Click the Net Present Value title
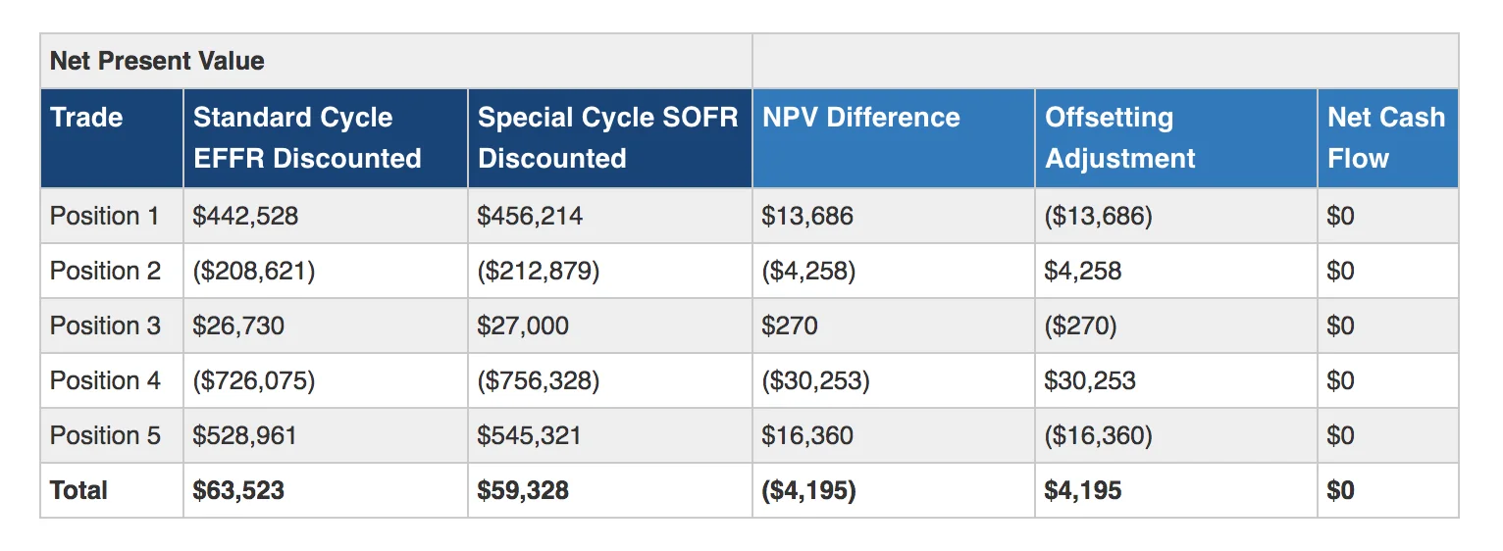coord(157,61)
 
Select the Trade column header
coord(86,118)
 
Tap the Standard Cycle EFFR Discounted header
coord(307,137)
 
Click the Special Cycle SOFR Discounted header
coord(607,137)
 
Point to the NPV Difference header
coord(860,118)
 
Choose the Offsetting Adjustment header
coord(1119,137)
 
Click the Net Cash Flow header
coord(1385,137)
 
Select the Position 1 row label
coord(104,216)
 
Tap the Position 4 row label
coord(105,380)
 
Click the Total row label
coord(78,490)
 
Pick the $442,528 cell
coord(245,216)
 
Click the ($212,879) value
coord(538,271)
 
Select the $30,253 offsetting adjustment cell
coord(1090,380)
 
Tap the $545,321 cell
coord(529,435)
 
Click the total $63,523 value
coord(238,490)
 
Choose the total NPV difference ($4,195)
coord(808,490)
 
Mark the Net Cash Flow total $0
coord(1340,490)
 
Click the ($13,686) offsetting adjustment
coord(1098,216)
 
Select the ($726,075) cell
coord(254,380)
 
